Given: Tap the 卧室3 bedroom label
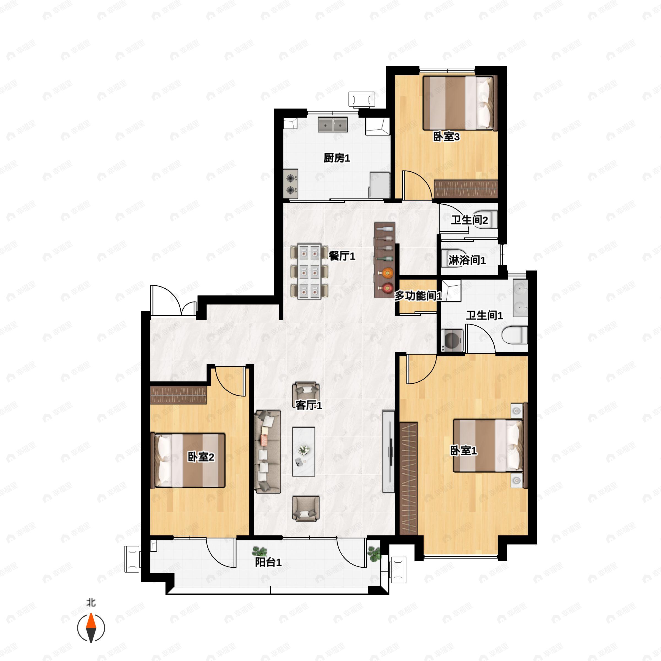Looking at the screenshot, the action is pos(446,137).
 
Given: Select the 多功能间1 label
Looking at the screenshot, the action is pos(418,296).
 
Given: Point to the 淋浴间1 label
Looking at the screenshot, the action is pos(467,260).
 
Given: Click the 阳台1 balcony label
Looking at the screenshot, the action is pos(268,562).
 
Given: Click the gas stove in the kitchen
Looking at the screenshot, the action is pos(291,184).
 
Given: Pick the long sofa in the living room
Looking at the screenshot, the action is pos(267,452).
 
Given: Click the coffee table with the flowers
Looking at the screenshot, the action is pos(304,451).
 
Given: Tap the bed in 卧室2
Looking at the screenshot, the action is pos(188,460).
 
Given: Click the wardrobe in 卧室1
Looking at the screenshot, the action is pos(409,478).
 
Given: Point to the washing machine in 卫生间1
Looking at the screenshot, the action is pos(452,340).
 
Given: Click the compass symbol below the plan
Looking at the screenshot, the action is pos(91,628).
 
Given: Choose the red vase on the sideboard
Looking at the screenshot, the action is pos(387,288).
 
